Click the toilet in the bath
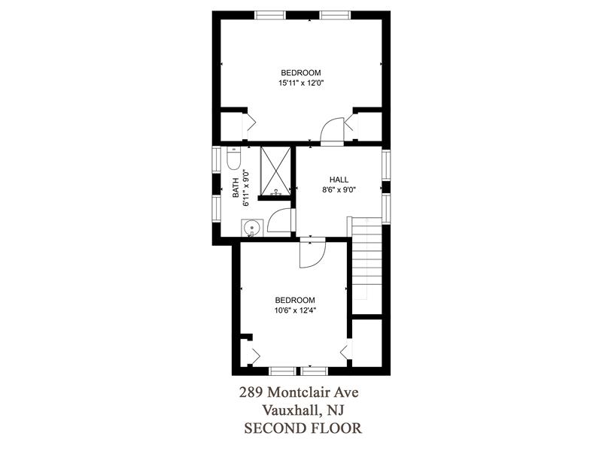click(x=233, y=159)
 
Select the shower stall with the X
click(x=275, y=171)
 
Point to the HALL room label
click(x=339, y=180)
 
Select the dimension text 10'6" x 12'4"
click(x=295, y=310)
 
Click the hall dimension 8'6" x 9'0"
click(x=339, y=189)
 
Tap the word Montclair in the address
click(x=294, y=392)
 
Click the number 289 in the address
click(x=251, y=392)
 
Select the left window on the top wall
click(x=271, y=15)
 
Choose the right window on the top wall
click(x=335, y=15)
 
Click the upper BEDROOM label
click(x=300, y=72)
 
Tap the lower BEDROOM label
click(x=295, y=300)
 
